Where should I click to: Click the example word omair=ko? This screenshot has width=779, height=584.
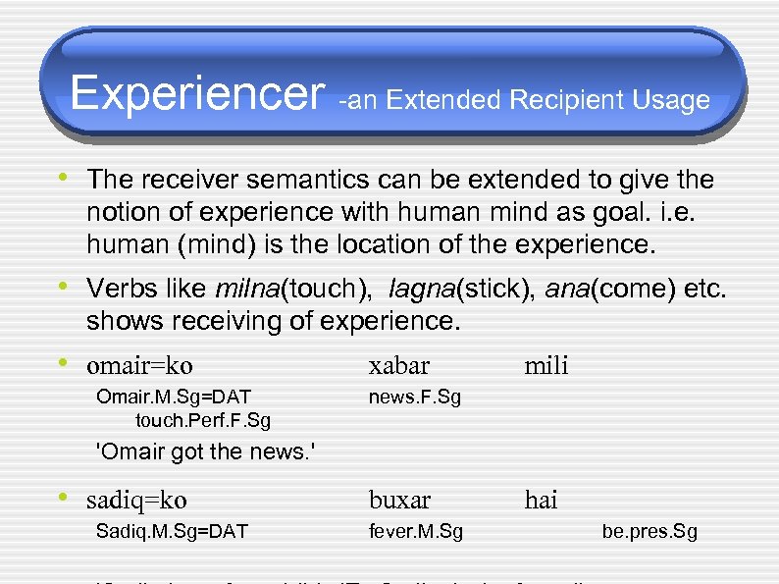tap(139, 366)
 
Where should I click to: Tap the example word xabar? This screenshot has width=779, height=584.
tap(398, 366)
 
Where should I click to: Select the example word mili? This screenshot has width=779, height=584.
tap(545, 366)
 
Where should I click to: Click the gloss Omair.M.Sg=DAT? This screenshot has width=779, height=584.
tap(174, 397)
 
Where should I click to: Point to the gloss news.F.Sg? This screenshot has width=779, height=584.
tap(414, 397)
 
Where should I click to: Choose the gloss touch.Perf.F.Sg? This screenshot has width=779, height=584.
tap(203, 420)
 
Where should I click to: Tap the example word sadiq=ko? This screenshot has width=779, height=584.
tap(136, 501)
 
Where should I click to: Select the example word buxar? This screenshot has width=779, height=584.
tap(399, 501)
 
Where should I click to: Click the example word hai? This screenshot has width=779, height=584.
tap(541, 501)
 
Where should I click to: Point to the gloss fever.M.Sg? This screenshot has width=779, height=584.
tap(416, 532)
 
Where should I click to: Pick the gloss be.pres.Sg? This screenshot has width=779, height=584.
tap(649, 532)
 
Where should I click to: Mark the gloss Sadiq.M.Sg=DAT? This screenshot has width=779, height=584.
tap(172, 532)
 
